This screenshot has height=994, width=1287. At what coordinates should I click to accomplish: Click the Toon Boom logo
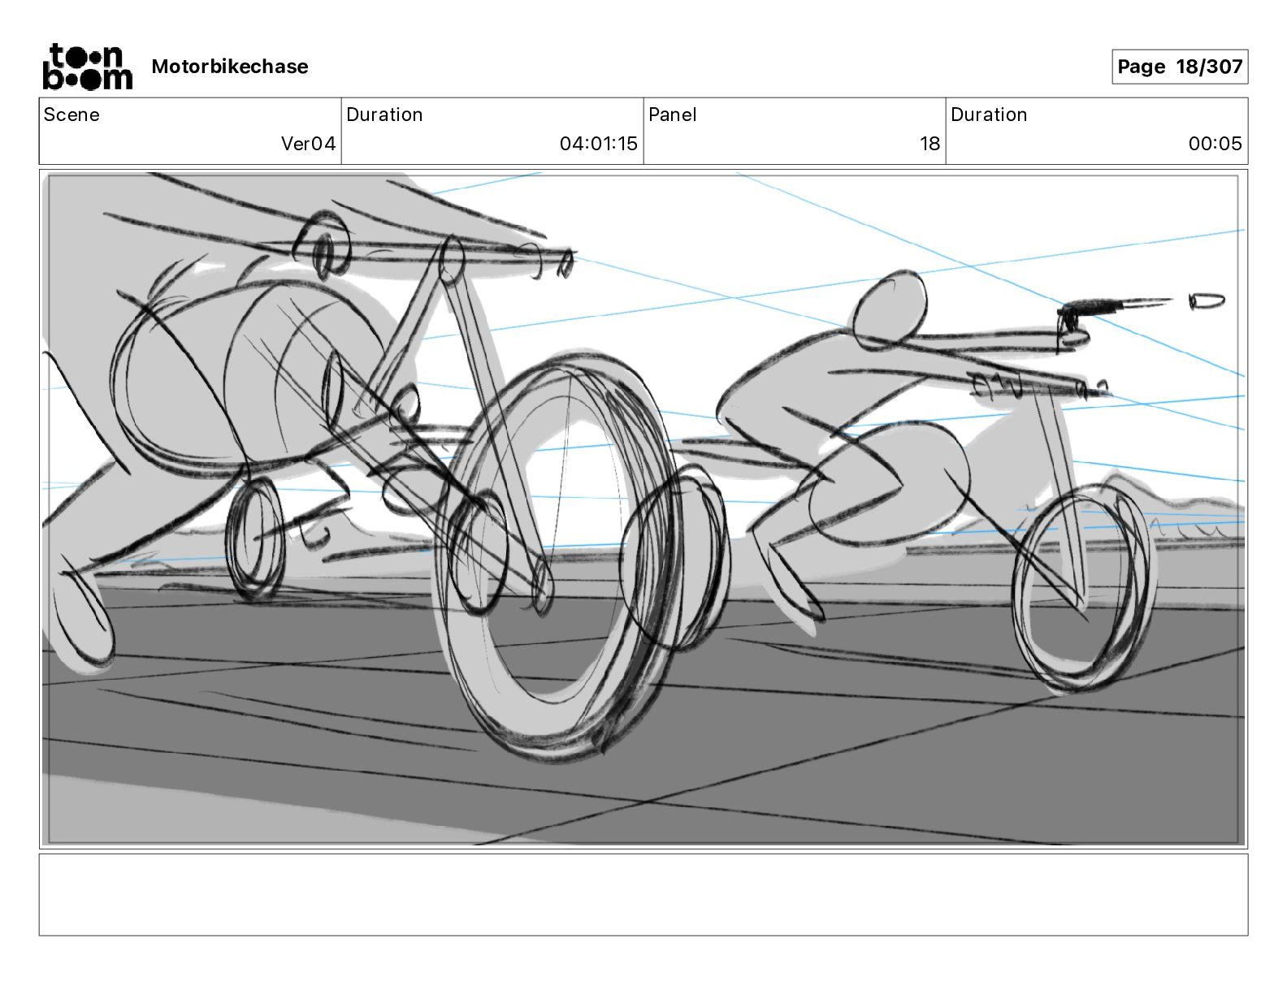[x=87, y=67]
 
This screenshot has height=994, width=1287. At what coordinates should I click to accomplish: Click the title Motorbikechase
[x=230, y=67]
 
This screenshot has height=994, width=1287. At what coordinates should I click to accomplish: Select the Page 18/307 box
[x=1179, y=67]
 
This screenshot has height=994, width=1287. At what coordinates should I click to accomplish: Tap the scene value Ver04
[x=308, y=144]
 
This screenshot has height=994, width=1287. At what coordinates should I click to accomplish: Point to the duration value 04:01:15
[x=598, y=144]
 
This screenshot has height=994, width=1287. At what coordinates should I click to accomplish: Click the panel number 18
[x=929, y=144]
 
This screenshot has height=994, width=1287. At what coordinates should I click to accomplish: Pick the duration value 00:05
[x=1215, y=144]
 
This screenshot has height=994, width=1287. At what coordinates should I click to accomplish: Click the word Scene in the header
[x=71, y=115]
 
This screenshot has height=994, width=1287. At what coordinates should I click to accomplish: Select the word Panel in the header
[x=672, y=115]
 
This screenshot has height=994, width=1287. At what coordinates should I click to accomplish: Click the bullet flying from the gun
[x=1207, y=301]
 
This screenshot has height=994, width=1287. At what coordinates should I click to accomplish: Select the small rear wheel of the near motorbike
[x=255, y=538]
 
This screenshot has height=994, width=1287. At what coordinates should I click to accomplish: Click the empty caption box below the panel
[x=643, y=894]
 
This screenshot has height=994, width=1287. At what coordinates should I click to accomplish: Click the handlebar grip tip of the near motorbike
[x=564, y=261]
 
